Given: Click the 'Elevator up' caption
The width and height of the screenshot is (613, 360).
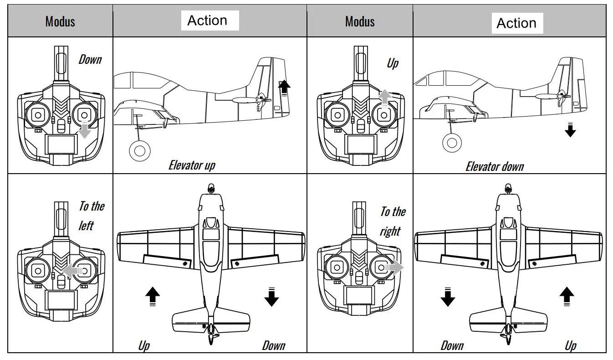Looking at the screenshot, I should (192, 165).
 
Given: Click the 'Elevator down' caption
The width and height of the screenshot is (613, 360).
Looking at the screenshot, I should (495, 166).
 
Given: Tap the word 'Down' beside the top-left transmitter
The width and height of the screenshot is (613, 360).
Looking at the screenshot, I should (90, 59).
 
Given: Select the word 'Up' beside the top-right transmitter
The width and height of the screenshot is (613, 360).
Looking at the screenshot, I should (392, 63).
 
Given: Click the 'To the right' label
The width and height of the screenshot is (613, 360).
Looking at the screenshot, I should (393, 221).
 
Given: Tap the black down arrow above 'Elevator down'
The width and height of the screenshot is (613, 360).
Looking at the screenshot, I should (570, 130).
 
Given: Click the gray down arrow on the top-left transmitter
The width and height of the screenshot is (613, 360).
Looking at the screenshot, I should (85, 131).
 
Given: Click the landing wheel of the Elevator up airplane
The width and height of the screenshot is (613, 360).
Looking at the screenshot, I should (139, 151).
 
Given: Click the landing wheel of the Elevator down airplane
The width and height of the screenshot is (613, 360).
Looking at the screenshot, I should (452, 143).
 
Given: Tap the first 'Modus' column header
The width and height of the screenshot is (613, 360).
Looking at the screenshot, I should (60, 21).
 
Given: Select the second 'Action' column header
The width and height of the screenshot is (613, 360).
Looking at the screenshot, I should (516, 23).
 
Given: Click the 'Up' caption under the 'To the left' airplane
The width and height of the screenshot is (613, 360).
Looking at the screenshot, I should (144, 345).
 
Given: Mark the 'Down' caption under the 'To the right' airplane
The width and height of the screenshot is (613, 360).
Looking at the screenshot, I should (452, 345).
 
